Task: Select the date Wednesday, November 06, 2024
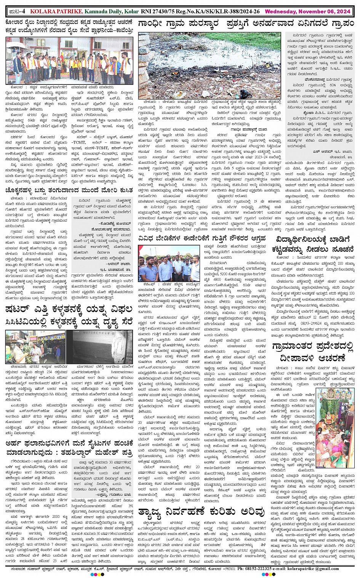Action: pyautogui.click(x=307, y=12)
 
